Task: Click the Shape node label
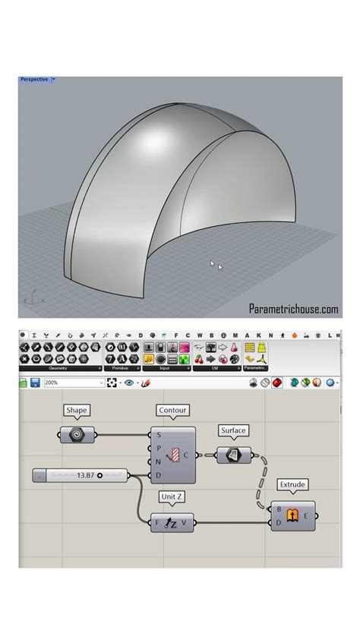point(77,411)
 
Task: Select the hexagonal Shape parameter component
point(77,436)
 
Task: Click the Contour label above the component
point(172,411)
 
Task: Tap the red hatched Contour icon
point(177,455)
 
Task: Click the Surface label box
point(233,430)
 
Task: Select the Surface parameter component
point(235,455)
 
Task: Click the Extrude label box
point(292,483)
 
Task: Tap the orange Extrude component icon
point(293,515)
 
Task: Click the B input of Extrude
point(280,509)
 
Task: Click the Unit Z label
point(172,496)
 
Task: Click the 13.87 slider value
point(86,475)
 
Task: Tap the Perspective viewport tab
point(34,80)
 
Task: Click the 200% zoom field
point(69,383)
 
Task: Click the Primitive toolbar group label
point(121,369)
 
